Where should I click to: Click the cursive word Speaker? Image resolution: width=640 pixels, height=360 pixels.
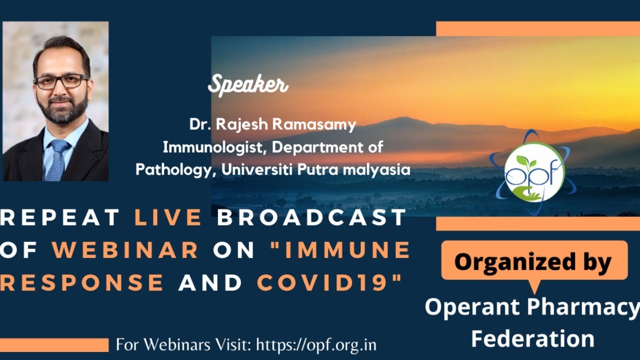[x=248, y=85]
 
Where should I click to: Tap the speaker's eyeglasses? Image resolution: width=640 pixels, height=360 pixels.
[x=61, y=81]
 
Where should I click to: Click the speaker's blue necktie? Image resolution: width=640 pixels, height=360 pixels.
[x=57, y=160]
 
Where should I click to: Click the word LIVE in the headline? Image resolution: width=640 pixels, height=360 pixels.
[x=168, y=217]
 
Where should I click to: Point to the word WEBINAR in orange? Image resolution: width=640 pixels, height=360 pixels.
[x=125, y=249]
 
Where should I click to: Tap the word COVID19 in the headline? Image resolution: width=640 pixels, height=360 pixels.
[x=322, y=282]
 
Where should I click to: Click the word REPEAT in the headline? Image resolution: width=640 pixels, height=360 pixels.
[x=59, y=217]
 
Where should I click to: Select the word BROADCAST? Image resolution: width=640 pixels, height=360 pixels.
[x=311, y=217]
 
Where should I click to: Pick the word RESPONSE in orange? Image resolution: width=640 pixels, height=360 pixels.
[x=81, y=282]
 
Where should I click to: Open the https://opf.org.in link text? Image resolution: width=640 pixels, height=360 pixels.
[x=316, y=345]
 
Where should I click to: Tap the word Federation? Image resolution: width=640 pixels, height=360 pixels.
[x=533, y=338]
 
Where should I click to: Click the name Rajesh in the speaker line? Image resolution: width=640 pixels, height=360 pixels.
[x=241, y=124]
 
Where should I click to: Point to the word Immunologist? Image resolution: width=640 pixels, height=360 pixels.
[x=212, y=147]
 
